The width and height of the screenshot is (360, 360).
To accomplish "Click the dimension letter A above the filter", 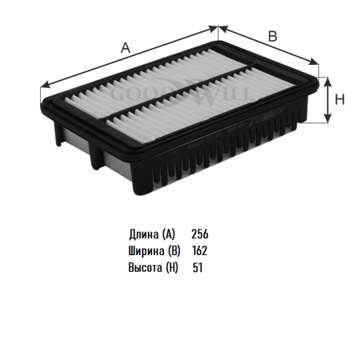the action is (126, 48).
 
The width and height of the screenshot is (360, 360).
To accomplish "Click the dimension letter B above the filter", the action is (273, 36).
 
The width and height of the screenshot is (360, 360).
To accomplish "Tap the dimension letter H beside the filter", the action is (340, 99).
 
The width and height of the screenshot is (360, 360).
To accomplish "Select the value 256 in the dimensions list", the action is (200, 234).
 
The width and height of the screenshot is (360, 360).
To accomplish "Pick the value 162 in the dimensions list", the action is (199, 250).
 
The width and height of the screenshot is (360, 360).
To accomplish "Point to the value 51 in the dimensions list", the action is (198, 267).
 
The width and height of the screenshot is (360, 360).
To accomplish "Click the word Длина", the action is (143, 234).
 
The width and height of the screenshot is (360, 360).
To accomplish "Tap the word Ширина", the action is (146, 251).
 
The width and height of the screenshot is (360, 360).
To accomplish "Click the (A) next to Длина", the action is (169, 234).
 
